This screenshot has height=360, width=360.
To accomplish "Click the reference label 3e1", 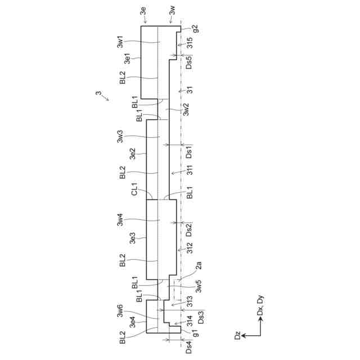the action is pos(127,58).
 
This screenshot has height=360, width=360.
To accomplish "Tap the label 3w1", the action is pos(120,42).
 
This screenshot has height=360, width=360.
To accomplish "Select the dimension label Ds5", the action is pos(189,62).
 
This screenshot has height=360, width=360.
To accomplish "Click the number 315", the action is pos(190,43).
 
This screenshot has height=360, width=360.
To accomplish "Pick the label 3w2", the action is pos(186,109).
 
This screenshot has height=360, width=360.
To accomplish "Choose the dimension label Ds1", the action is pos(189,152).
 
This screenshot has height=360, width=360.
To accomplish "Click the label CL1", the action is pos(134,189).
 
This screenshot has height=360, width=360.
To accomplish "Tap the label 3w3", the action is pos(120,136).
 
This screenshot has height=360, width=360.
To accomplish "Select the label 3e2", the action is pos(133,154).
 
